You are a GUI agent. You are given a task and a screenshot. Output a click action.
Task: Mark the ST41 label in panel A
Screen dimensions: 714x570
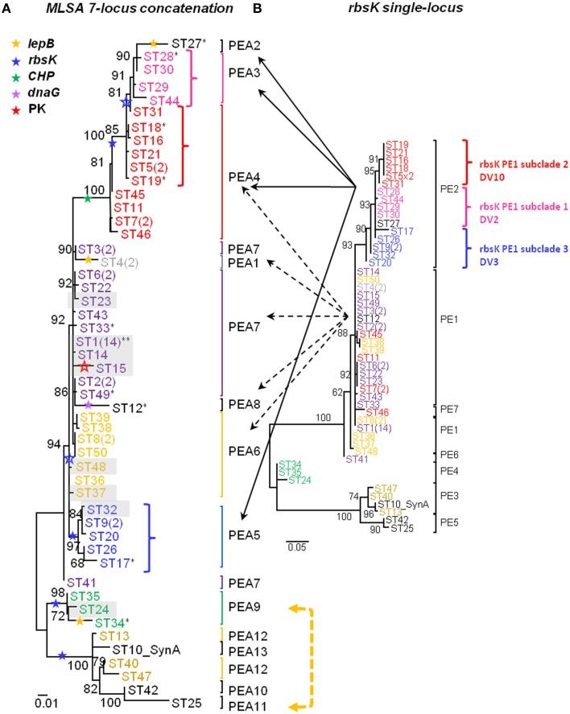[81, 581]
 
